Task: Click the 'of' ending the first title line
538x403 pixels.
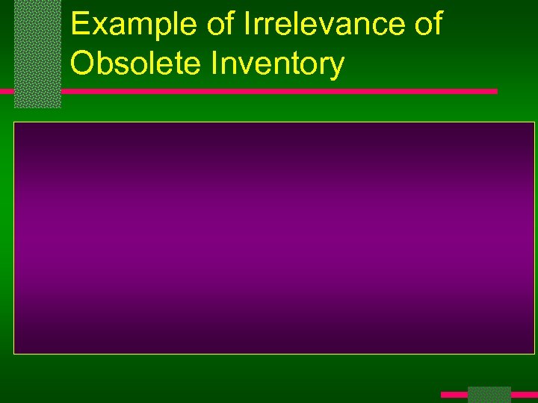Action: tap(427, 25)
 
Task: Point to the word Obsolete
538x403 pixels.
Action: tap(135, 64)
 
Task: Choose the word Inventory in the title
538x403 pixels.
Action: tap(278, 64)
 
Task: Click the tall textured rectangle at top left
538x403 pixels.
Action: tap(37, 54)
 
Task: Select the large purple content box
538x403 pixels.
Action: tap(274, 237)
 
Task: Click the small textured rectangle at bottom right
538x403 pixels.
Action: tap(489, 395)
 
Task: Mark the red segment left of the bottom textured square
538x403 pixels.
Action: tap(454, 394)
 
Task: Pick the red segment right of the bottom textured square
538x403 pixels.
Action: tap(524, 394)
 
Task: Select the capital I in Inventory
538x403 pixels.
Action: tap(215, 64)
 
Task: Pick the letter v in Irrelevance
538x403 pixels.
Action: tap(321, 27)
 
